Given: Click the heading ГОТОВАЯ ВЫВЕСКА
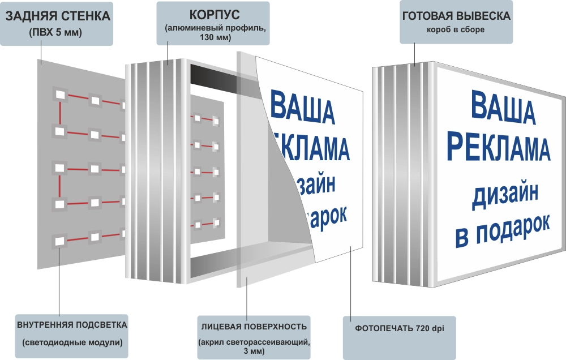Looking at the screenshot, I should (x=456, y=16).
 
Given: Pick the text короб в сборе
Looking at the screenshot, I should (x=456, y=29).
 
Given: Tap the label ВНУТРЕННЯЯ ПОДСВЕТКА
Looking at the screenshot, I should (x=72, y=325).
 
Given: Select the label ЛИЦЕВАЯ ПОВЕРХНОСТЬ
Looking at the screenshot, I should (x=254, y=327).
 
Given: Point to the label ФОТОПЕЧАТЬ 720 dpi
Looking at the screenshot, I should (x=399, y=328).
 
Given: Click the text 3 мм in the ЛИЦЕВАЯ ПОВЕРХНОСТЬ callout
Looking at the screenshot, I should (x=254, y=351).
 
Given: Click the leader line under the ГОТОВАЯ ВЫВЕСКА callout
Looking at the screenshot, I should (x=415, y=54).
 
